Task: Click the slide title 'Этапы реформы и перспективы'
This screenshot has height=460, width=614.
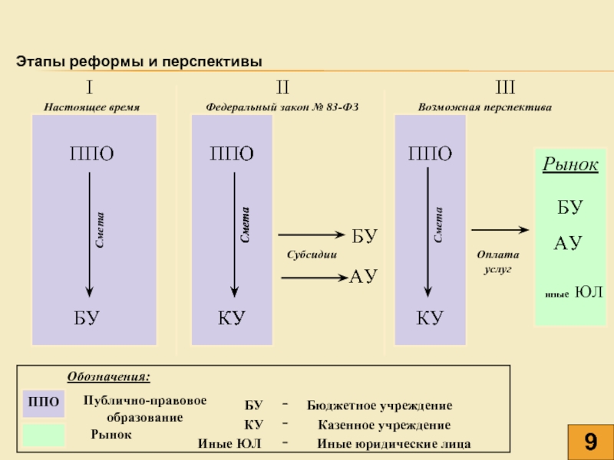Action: [x=139, y=61]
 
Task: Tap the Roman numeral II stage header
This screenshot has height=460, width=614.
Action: [x=282, y=87]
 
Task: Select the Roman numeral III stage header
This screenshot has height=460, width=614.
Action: [x=505, y=87]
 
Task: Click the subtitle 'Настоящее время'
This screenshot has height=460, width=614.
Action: [x=91, y=107]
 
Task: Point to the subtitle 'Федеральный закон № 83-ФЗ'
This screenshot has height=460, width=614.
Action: [x=282, y=107]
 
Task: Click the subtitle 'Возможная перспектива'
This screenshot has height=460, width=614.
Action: [x=485, y=107]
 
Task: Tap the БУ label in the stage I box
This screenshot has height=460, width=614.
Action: [x=87, y=318]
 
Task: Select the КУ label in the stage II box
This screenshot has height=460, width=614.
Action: [x=232, y=318]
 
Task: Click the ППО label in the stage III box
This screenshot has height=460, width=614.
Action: [x=430, y=153]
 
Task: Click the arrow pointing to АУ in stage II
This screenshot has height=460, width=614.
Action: [x=315, y=278]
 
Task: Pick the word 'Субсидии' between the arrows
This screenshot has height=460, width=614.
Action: [x=312, y=255]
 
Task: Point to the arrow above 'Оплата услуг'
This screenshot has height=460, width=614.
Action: [x=500, y=230]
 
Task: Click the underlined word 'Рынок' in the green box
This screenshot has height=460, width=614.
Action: [x=570, y=164]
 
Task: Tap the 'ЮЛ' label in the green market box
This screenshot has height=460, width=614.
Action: [x=589, y=292]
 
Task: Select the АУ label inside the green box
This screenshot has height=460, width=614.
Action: [x=568, y=243]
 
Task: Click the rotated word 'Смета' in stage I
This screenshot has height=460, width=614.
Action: [x=100, y=230]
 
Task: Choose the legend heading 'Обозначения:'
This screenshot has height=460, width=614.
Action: [x=109, y=376]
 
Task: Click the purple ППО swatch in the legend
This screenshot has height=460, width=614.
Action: [x=44, y=403]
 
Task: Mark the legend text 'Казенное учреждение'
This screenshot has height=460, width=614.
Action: [x=385, y=425]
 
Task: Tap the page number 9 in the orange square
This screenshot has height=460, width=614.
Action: [x=590, y=442]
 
